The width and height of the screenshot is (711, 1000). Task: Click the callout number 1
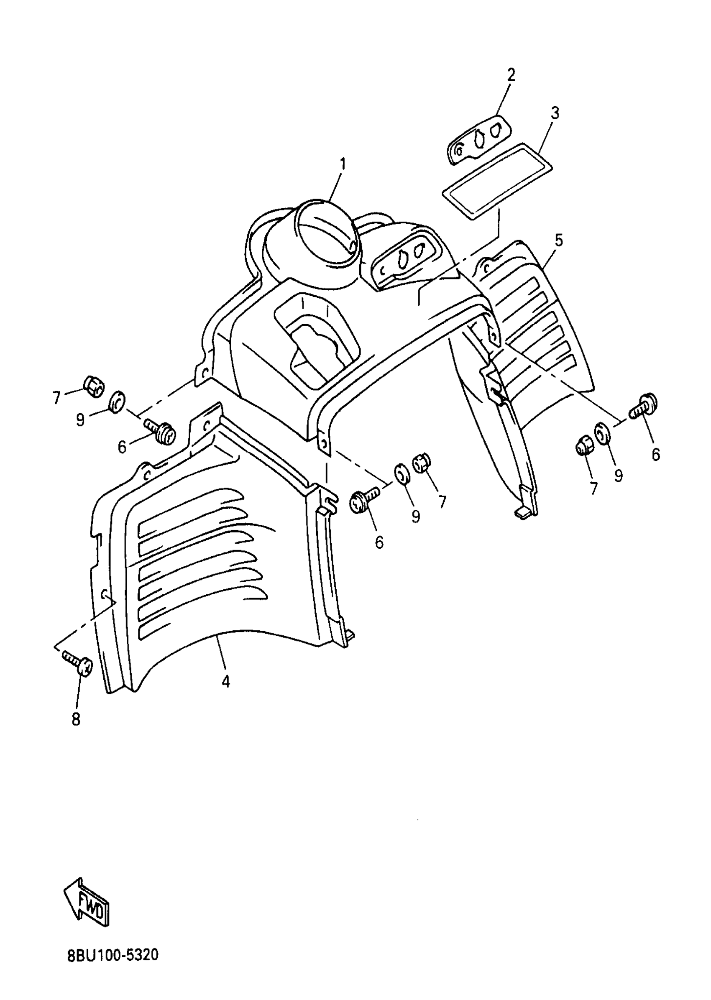pyautogui.click(x=343, y=164)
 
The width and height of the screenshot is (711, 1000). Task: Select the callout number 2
pyautogui.click(x=511, y=75)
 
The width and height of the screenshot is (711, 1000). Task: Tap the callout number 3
pyautogui.click(x=555, y=113)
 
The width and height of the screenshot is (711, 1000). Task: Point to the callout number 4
pyautogui.click(x=225, y=682)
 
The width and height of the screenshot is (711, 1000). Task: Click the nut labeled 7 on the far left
pyautogui.click(x=94, y=385)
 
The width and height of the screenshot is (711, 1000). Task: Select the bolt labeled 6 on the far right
pyautogui.click(x=644, y=404)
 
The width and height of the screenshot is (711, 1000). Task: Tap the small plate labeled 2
pyautogui.click(x=479, y=139)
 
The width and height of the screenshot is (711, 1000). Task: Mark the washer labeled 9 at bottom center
pyautogui.click(x=401, y=474)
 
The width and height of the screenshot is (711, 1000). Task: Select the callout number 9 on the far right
pyautogui.click(x=618, y=476)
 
